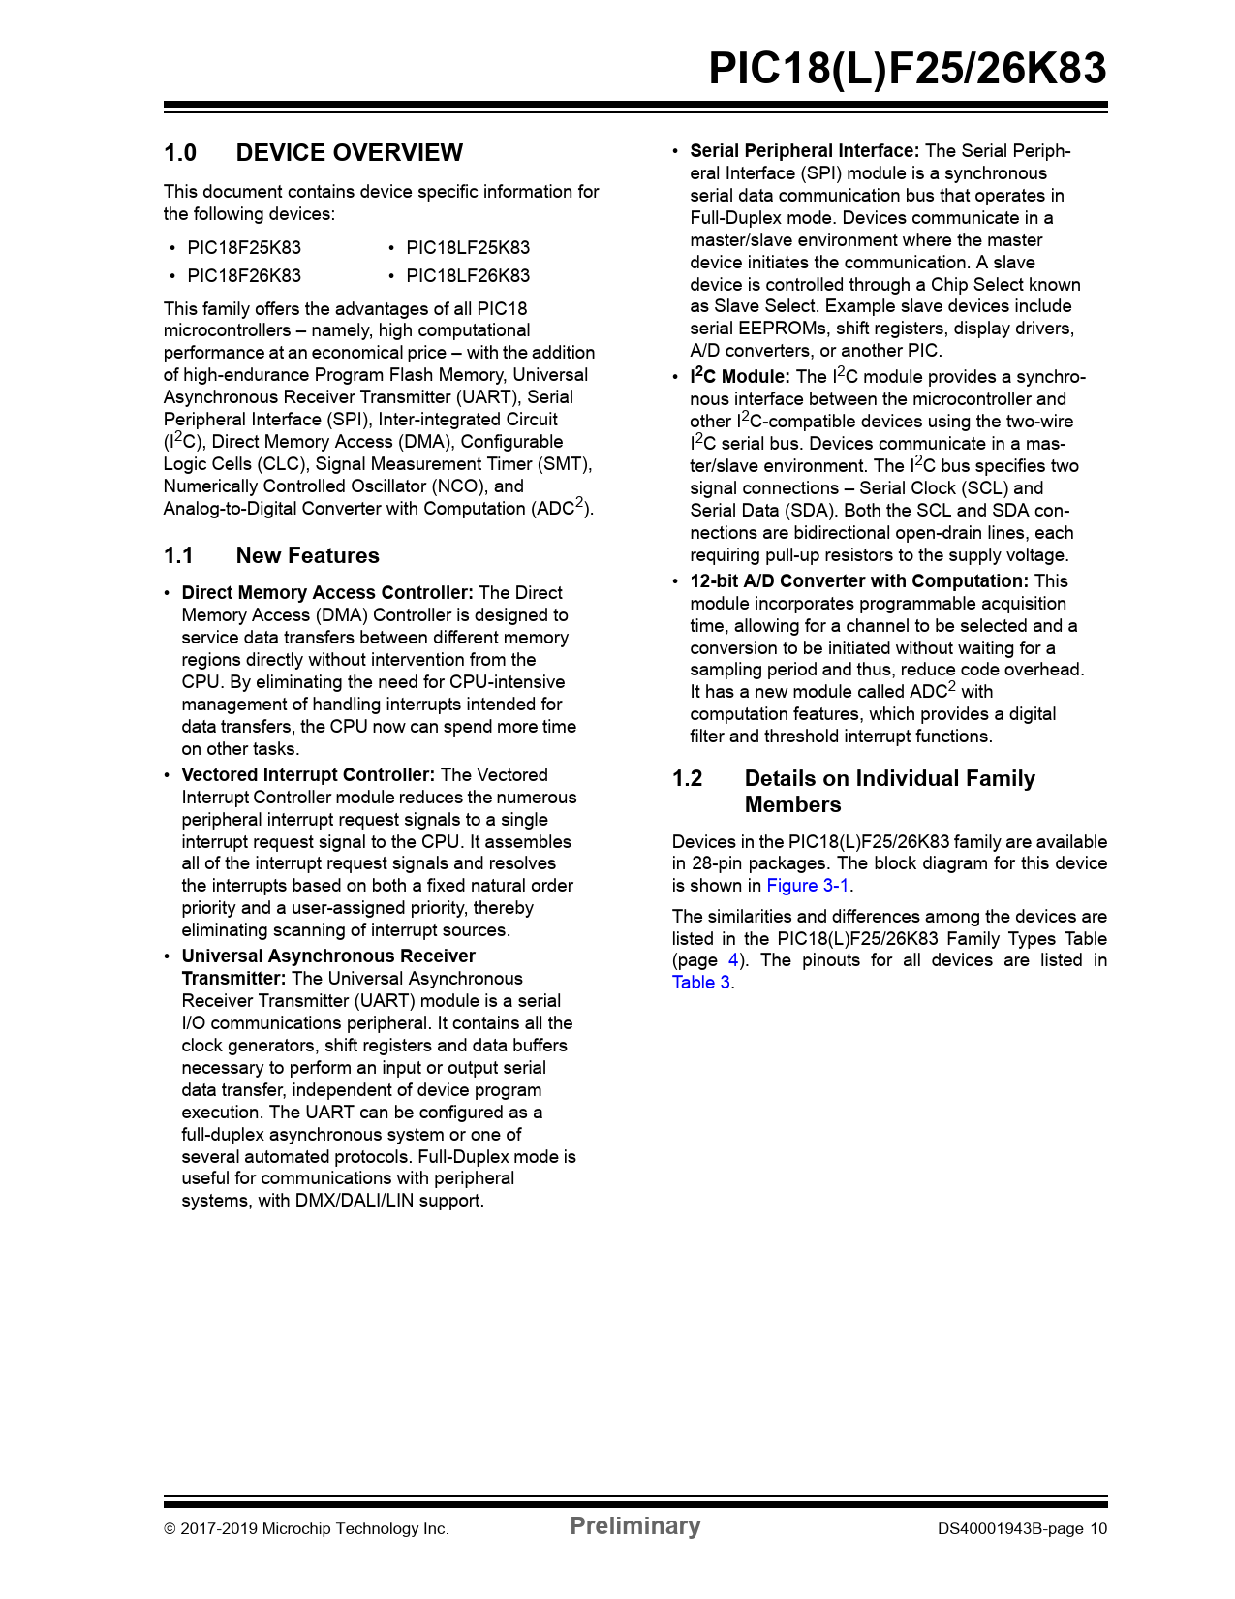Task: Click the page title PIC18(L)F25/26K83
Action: click(x=907, y=69)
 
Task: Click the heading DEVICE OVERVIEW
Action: click(x=349, y=153)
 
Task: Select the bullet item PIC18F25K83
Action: click(x=244, y=248)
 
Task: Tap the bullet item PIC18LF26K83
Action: click(x=468, y=276)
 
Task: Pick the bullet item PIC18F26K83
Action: click(x=244, y=276)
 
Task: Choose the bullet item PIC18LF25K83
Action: click(x=468, y=248)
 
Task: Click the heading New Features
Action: click(x=307, y=556)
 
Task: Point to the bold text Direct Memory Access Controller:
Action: click(x=327, y=593)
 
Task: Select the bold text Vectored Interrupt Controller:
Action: click(x=308, y=775)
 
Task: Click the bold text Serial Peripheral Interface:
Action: click(x=804, y=151)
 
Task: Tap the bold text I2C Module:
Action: click(x=739, y=377)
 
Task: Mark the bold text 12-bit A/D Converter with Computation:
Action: click(x=858, y=581)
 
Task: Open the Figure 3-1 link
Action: click(x=808, y=886)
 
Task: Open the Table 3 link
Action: click(x=701, y=983)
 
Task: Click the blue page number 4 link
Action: click(x=733, y=960)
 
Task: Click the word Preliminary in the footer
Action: click(x=634, y=1526)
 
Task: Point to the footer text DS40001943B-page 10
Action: click(x=1021, y=1529)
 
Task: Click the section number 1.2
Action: click(x=688, y=779)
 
